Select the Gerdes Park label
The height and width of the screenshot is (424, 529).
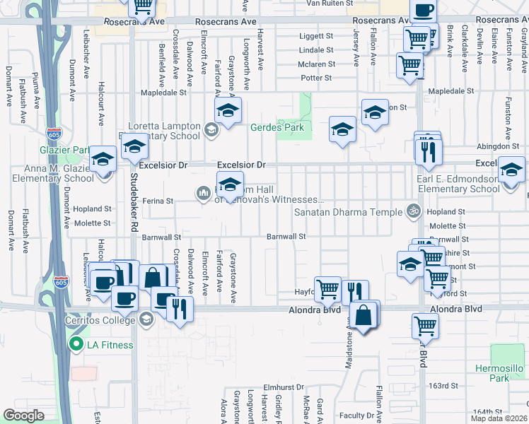pyautogui.click(x=277, y=128)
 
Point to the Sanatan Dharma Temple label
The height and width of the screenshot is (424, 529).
pyautogui.click(x=348, y=211)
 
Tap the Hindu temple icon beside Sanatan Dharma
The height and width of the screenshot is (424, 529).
pyautogui.click(x=412, y=211)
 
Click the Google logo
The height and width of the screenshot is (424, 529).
pyautogui.click(x=23, y=416)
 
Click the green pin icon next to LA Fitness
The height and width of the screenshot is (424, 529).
pyautogui.click(x=76, y=345)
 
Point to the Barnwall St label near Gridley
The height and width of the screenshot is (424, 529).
pyautogui.click(x=286, y=237)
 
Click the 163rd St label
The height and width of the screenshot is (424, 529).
pyautogui.click(x=444, y=386)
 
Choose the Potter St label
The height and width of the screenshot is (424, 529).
pyautogui.click(x=315, y=78)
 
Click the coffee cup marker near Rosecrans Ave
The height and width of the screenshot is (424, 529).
pyautogui.click(x=423, y=10)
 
